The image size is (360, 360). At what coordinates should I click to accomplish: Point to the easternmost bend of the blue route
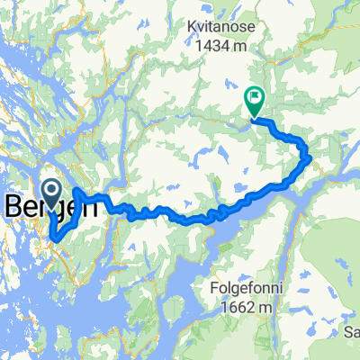(310, 159)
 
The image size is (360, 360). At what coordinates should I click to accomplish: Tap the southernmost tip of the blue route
(53, 239)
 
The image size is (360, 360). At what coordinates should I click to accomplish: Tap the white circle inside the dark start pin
(50, 188)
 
